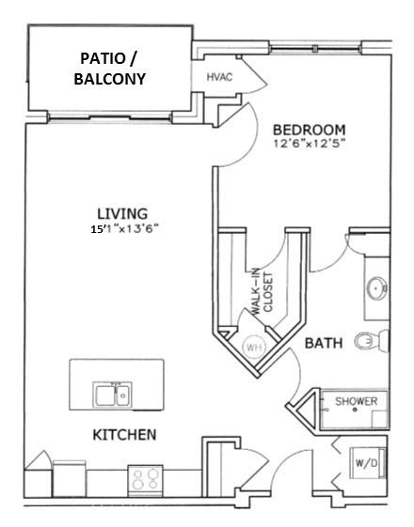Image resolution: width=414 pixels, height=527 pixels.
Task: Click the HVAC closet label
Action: click(219, 77)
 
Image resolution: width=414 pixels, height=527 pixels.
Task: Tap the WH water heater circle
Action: click(254, 347)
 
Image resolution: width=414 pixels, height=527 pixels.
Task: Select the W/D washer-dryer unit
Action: click(367, 463)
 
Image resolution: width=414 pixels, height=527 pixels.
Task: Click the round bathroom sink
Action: click(376, 288)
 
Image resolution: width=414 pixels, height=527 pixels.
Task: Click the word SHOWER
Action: click(356, 401)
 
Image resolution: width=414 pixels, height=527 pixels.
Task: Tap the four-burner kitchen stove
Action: click(146, 480)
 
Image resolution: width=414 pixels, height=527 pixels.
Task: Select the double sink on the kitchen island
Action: click(112, 395)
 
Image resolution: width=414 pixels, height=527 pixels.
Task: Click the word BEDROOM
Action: click(309, 130)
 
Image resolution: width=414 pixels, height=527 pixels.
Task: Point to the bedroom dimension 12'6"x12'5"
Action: click(310, 144)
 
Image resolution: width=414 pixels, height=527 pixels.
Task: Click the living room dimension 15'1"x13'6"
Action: click(124, 229)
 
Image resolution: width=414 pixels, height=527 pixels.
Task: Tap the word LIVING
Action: click(122, 214)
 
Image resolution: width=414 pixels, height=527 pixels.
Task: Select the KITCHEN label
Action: click(124, 435)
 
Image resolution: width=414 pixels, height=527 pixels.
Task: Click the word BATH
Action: click(324, 343)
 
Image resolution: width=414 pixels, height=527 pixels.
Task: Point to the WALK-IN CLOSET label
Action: click(263, 292)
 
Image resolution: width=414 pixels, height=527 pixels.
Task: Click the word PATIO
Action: click(103, 58)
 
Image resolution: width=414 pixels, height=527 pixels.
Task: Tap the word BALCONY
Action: click(110, 79)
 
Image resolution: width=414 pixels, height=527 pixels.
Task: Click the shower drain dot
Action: click(355, 410)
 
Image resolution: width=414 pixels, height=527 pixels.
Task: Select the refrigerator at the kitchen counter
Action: click(70, 478)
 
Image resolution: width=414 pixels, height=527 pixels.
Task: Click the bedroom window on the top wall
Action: click(315, 49)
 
